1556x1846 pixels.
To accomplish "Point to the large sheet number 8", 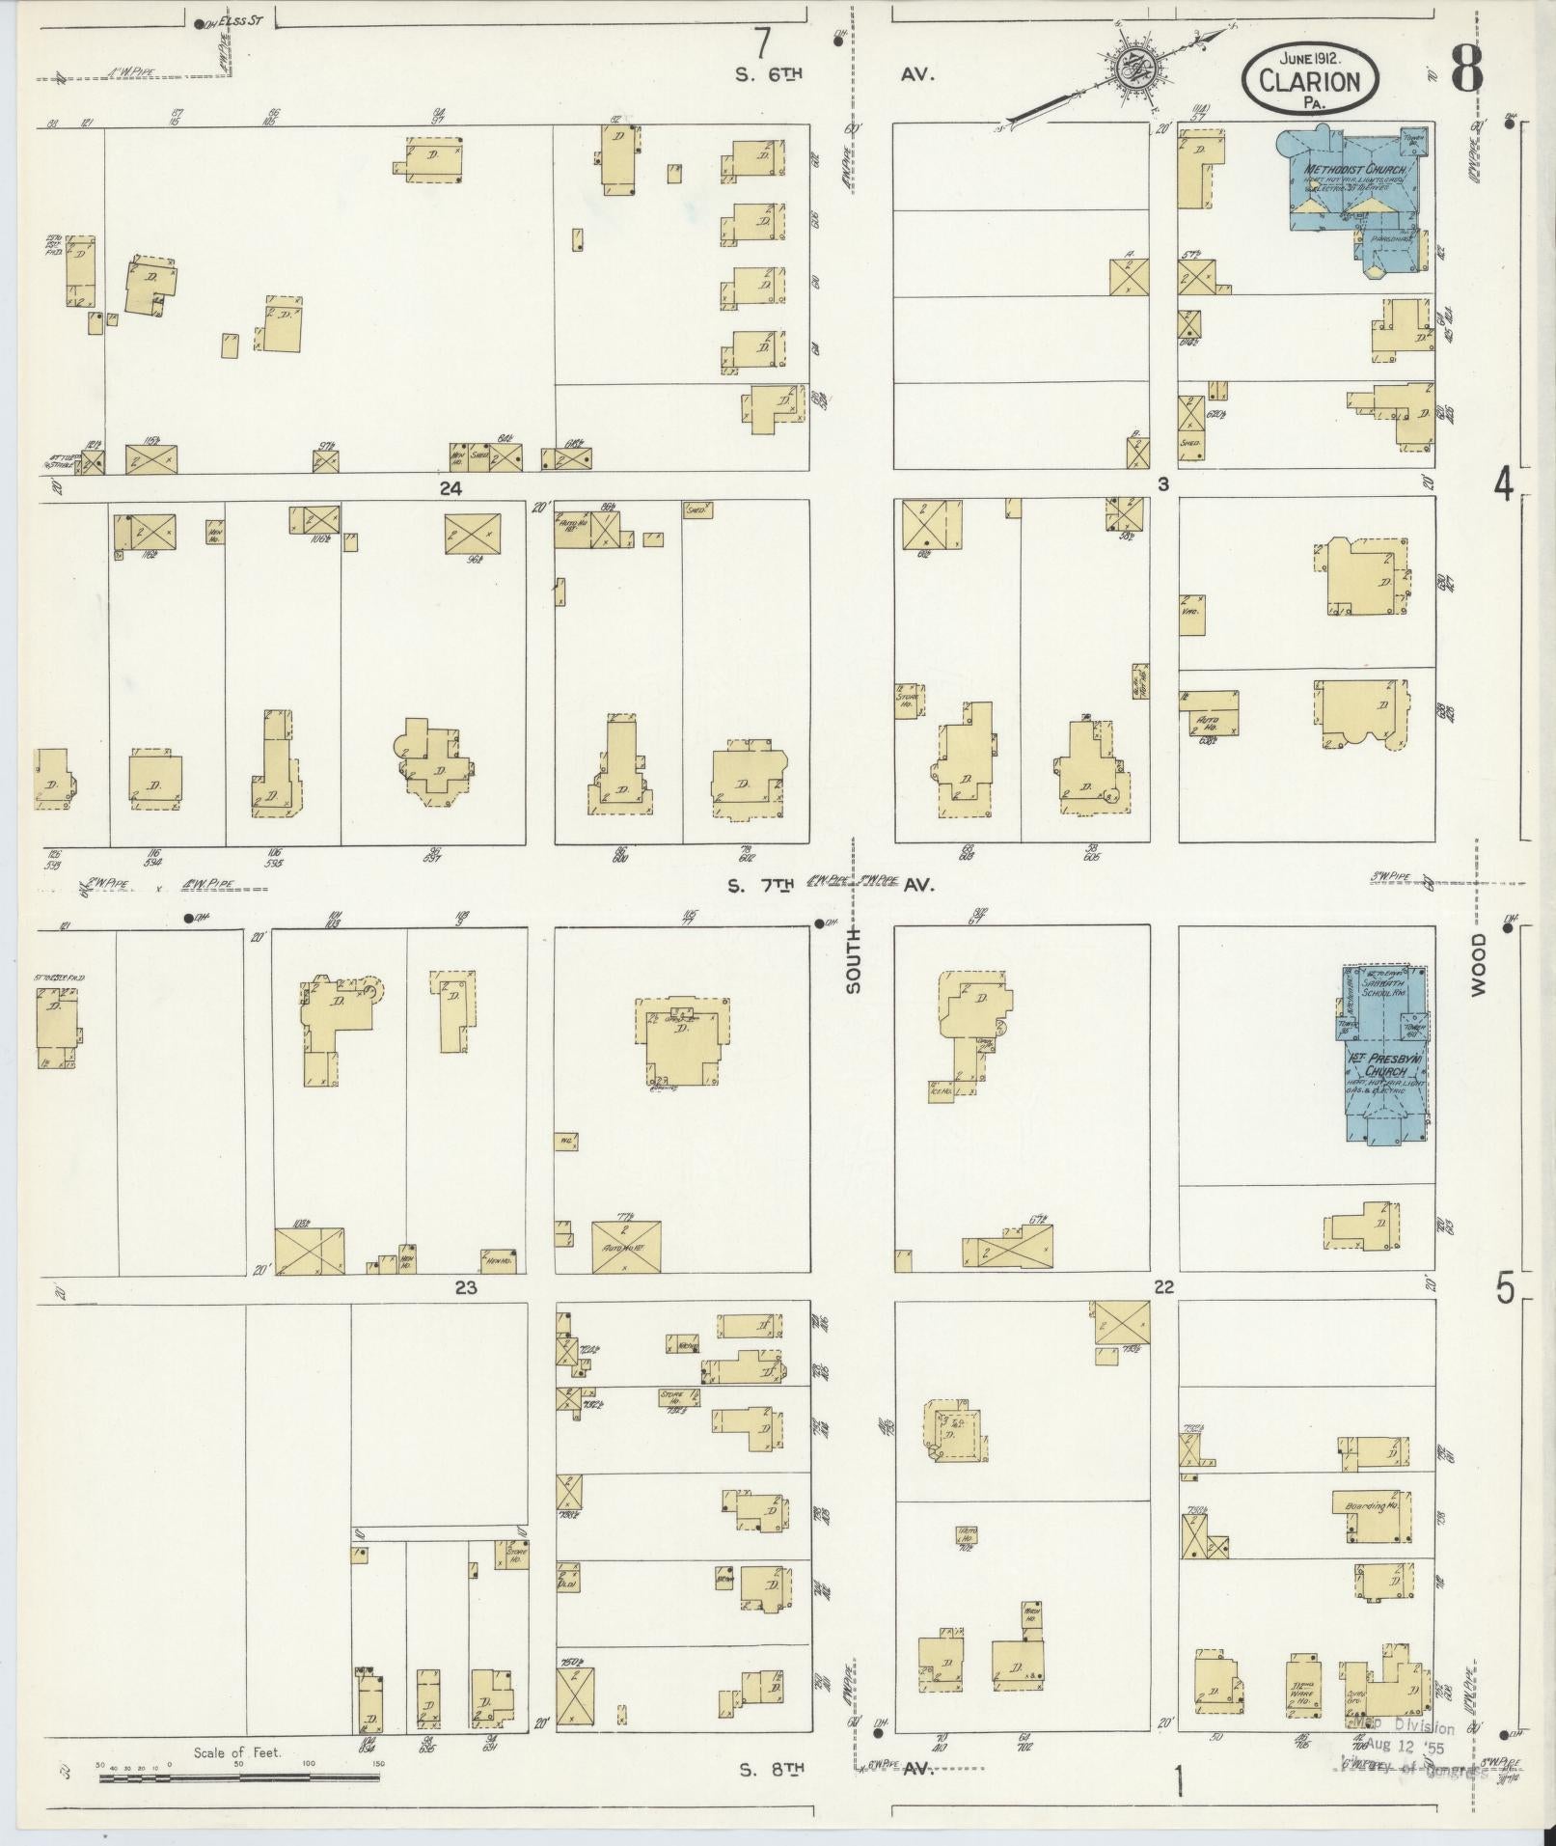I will [1464, 69].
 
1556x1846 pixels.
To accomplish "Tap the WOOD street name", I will [1479, 963].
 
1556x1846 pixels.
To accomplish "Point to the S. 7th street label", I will [769, 884].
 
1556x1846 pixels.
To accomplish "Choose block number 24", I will [450, 489].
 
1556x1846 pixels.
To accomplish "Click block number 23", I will [466, 1287].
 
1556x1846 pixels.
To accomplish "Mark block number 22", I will [1163, 1287].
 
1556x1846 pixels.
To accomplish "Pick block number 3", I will [1163, 484].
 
